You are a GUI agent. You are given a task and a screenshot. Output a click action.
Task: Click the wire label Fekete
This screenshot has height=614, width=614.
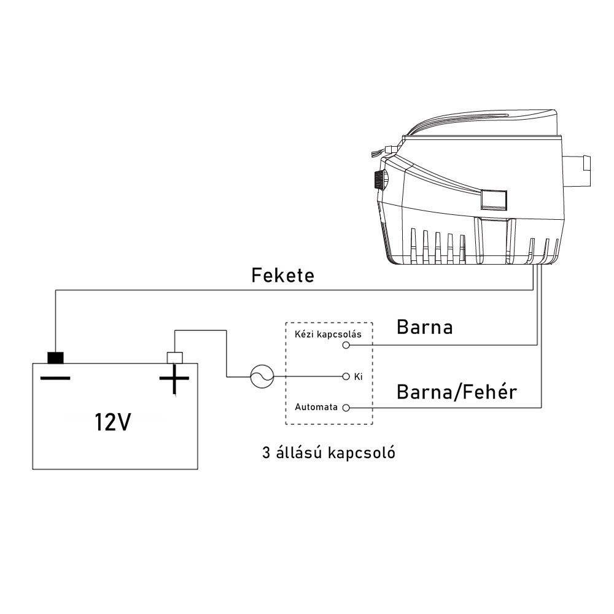tap(282, 275)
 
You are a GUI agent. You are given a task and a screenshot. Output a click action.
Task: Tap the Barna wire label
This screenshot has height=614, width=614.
tap(424, 327)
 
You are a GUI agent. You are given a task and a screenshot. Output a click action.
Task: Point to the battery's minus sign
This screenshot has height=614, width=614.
tap(55, 378)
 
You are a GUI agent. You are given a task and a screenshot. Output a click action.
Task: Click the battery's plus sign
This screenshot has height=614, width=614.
tap(174, 380)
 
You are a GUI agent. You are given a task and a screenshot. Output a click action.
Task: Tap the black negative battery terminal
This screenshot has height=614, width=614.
tap(56, 357)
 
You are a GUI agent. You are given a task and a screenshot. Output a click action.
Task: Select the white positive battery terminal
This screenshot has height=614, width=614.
tap(175, 357)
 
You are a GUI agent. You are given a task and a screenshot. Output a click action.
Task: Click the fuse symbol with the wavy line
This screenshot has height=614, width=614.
tap(261, 376)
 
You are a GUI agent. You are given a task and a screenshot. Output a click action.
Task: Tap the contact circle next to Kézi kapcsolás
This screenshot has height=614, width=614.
tap(346, 345)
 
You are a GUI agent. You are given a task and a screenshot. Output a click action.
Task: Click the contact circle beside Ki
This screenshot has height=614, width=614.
tap(346, 376)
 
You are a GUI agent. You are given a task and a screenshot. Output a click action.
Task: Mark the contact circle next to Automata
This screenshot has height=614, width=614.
tap(346, 407)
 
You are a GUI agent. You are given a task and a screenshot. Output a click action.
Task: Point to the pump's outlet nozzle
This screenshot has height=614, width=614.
tap(579, 166)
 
